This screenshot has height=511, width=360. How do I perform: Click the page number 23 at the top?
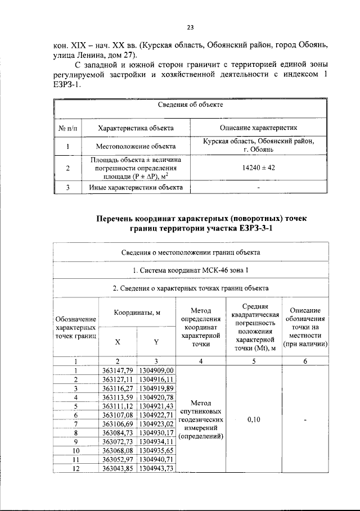[190, 27]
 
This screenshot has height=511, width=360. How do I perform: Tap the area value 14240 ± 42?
[258, 168]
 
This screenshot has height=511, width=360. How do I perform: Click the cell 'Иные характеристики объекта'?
[136, 187]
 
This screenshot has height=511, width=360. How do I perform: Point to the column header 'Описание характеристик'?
[258, 128]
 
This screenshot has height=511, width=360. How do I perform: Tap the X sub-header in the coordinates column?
[118, 342]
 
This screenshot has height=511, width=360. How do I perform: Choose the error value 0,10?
[254, 419]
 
